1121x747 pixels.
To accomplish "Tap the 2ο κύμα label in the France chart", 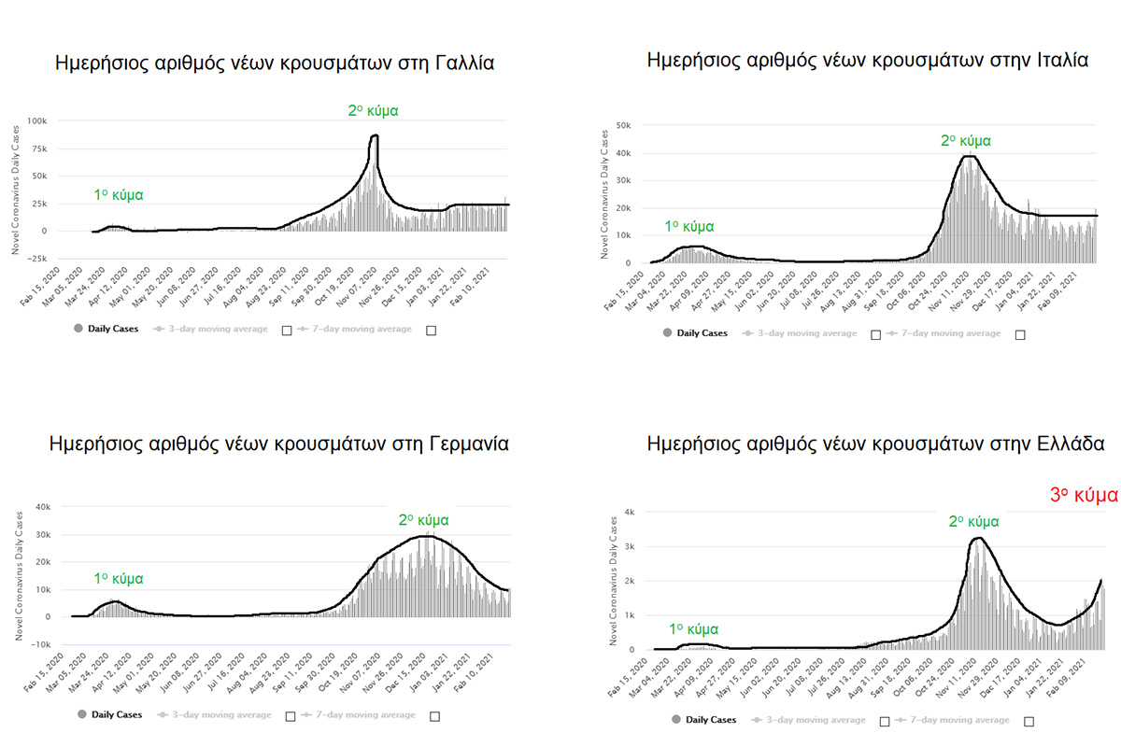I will (x=373, y=110).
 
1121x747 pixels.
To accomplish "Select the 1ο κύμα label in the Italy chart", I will (x=689, y=227).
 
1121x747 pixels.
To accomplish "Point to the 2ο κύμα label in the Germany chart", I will (x=423, y=520).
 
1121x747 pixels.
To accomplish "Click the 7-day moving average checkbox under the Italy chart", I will (x=1020, y=334).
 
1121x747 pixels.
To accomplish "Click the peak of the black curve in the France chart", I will (x=375, y=136).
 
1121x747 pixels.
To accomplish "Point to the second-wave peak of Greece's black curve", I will (x=977, y=538).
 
